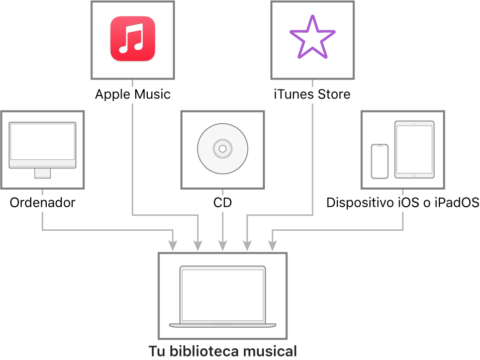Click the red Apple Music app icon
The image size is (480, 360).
133,39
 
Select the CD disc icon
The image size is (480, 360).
223,148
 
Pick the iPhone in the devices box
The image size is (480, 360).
379,161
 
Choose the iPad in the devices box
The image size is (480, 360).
414,149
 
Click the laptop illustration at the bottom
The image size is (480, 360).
223,297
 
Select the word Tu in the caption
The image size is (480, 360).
156,351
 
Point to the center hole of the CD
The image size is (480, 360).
223,148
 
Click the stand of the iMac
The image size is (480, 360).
42,173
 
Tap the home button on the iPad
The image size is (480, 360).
414,175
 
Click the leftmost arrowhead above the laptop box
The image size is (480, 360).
173,246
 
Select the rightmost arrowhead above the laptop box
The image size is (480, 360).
272,246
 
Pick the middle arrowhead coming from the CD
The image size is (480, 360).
223,246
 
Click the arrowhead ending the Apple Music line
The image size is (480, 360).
198,246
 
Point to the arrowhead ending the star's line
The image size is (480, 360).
247,246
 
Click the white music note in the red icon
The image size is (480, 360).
133,38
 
